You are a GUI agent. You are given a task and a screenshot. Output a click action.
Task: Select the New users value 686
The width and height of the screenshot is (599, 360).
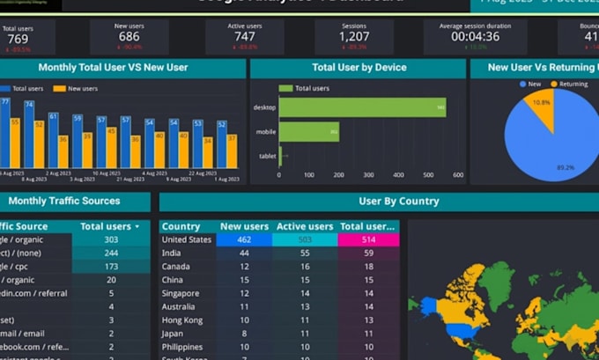click(129, 37)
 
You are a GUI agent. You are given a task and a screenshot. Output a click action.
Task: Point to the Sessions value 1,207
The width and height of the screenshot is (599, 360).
click(354, 37)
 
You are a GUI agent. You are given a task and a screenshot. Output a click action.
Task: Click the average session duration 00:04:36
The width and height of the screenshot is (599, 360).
click(475, 37)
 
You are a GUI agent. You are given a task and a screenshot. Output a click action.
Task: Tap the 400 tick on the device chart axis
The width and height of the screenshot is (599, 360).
click(398, 175)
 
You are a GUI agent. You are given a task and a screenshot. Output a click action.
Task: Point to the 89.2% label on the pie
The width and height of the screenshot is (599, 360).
click(566, 166)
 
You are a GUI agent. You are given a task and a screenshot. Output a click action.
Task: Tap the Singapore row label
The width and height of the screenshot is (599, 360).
click(181, 293)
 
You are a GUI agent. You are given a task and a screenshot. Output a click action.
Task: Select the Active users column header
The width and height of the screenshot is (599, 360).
click(305, 226)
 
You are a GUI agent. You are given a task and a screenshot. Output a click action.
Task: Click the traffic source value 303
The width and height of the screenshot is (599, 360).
click(112, 239)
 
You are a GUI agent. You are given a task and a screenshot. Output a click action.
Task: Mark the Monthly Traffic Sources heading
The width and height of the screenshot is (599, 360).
click(63, 201)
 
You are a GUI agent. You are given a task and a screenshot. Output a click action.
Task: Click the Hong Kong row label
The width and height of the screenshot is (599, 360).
click(182, 320)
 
